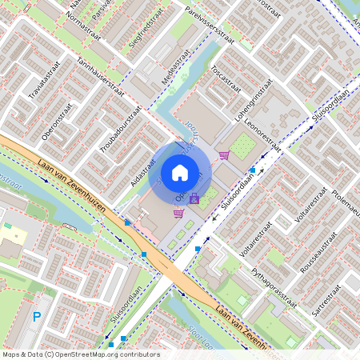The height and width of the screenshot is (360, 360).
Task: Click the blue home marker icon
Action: coord(180,172)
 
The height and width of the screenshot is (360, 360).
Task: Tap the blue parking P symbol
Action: coord(36,318)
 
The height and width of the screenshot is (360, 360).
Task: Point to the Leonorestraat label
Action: coord(263,133)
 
